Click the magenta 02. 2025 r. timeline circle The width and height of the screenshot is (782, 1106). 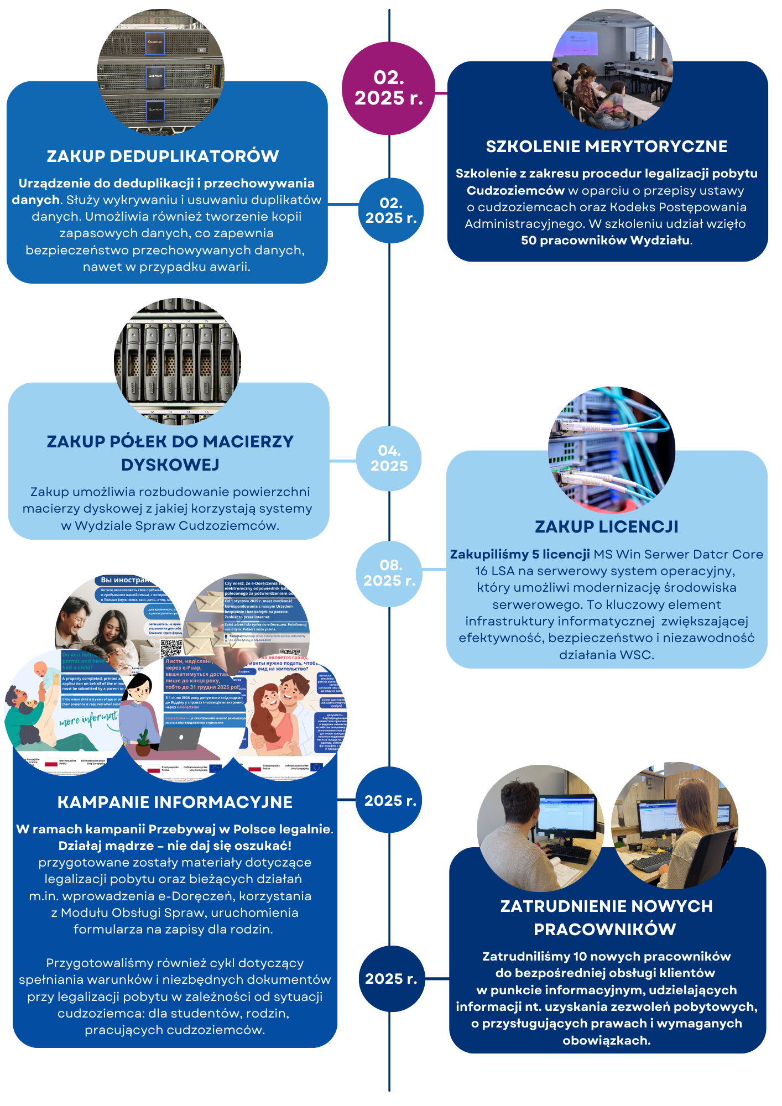pos(388,88)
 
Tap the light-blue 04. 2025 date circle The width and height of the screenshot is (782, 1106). pos(389,458)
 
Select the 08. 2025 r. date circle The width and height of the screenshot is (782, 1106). pos(389,573)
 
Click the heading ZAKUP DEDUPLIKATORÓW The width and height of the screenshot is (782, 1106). pos(163,156)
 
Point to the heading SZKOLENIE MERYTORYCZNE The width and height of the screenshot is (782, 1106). pos(607,147)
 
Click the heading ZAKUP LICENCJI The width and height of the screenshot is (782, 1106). pos(606,527)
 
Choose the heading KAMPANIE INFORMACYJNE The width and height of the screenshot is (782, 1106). pos(175,802)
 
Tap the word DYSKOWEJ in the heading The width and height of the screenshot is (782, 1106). pos(170,465)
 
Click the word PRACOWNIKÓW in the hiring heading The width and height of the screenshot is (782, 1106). pos(605,930)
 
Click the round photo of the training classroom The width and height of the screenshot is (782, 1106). pos(612,69)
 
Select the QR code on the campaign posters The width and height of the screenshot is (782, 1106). pos(171,648)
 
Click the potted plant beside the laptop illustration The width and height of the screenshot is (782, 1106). pos(143,744)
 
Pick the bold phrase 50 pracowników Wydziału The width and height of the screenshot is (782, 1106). pos(606,241)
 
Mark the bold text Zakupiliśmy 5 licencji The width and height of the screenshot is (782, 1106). pos(520,555)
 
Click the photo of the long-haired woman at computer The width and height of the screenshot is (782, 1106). pos(674,827)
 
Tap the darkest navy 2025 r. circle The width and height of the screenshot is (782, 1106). pos(391,979)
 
